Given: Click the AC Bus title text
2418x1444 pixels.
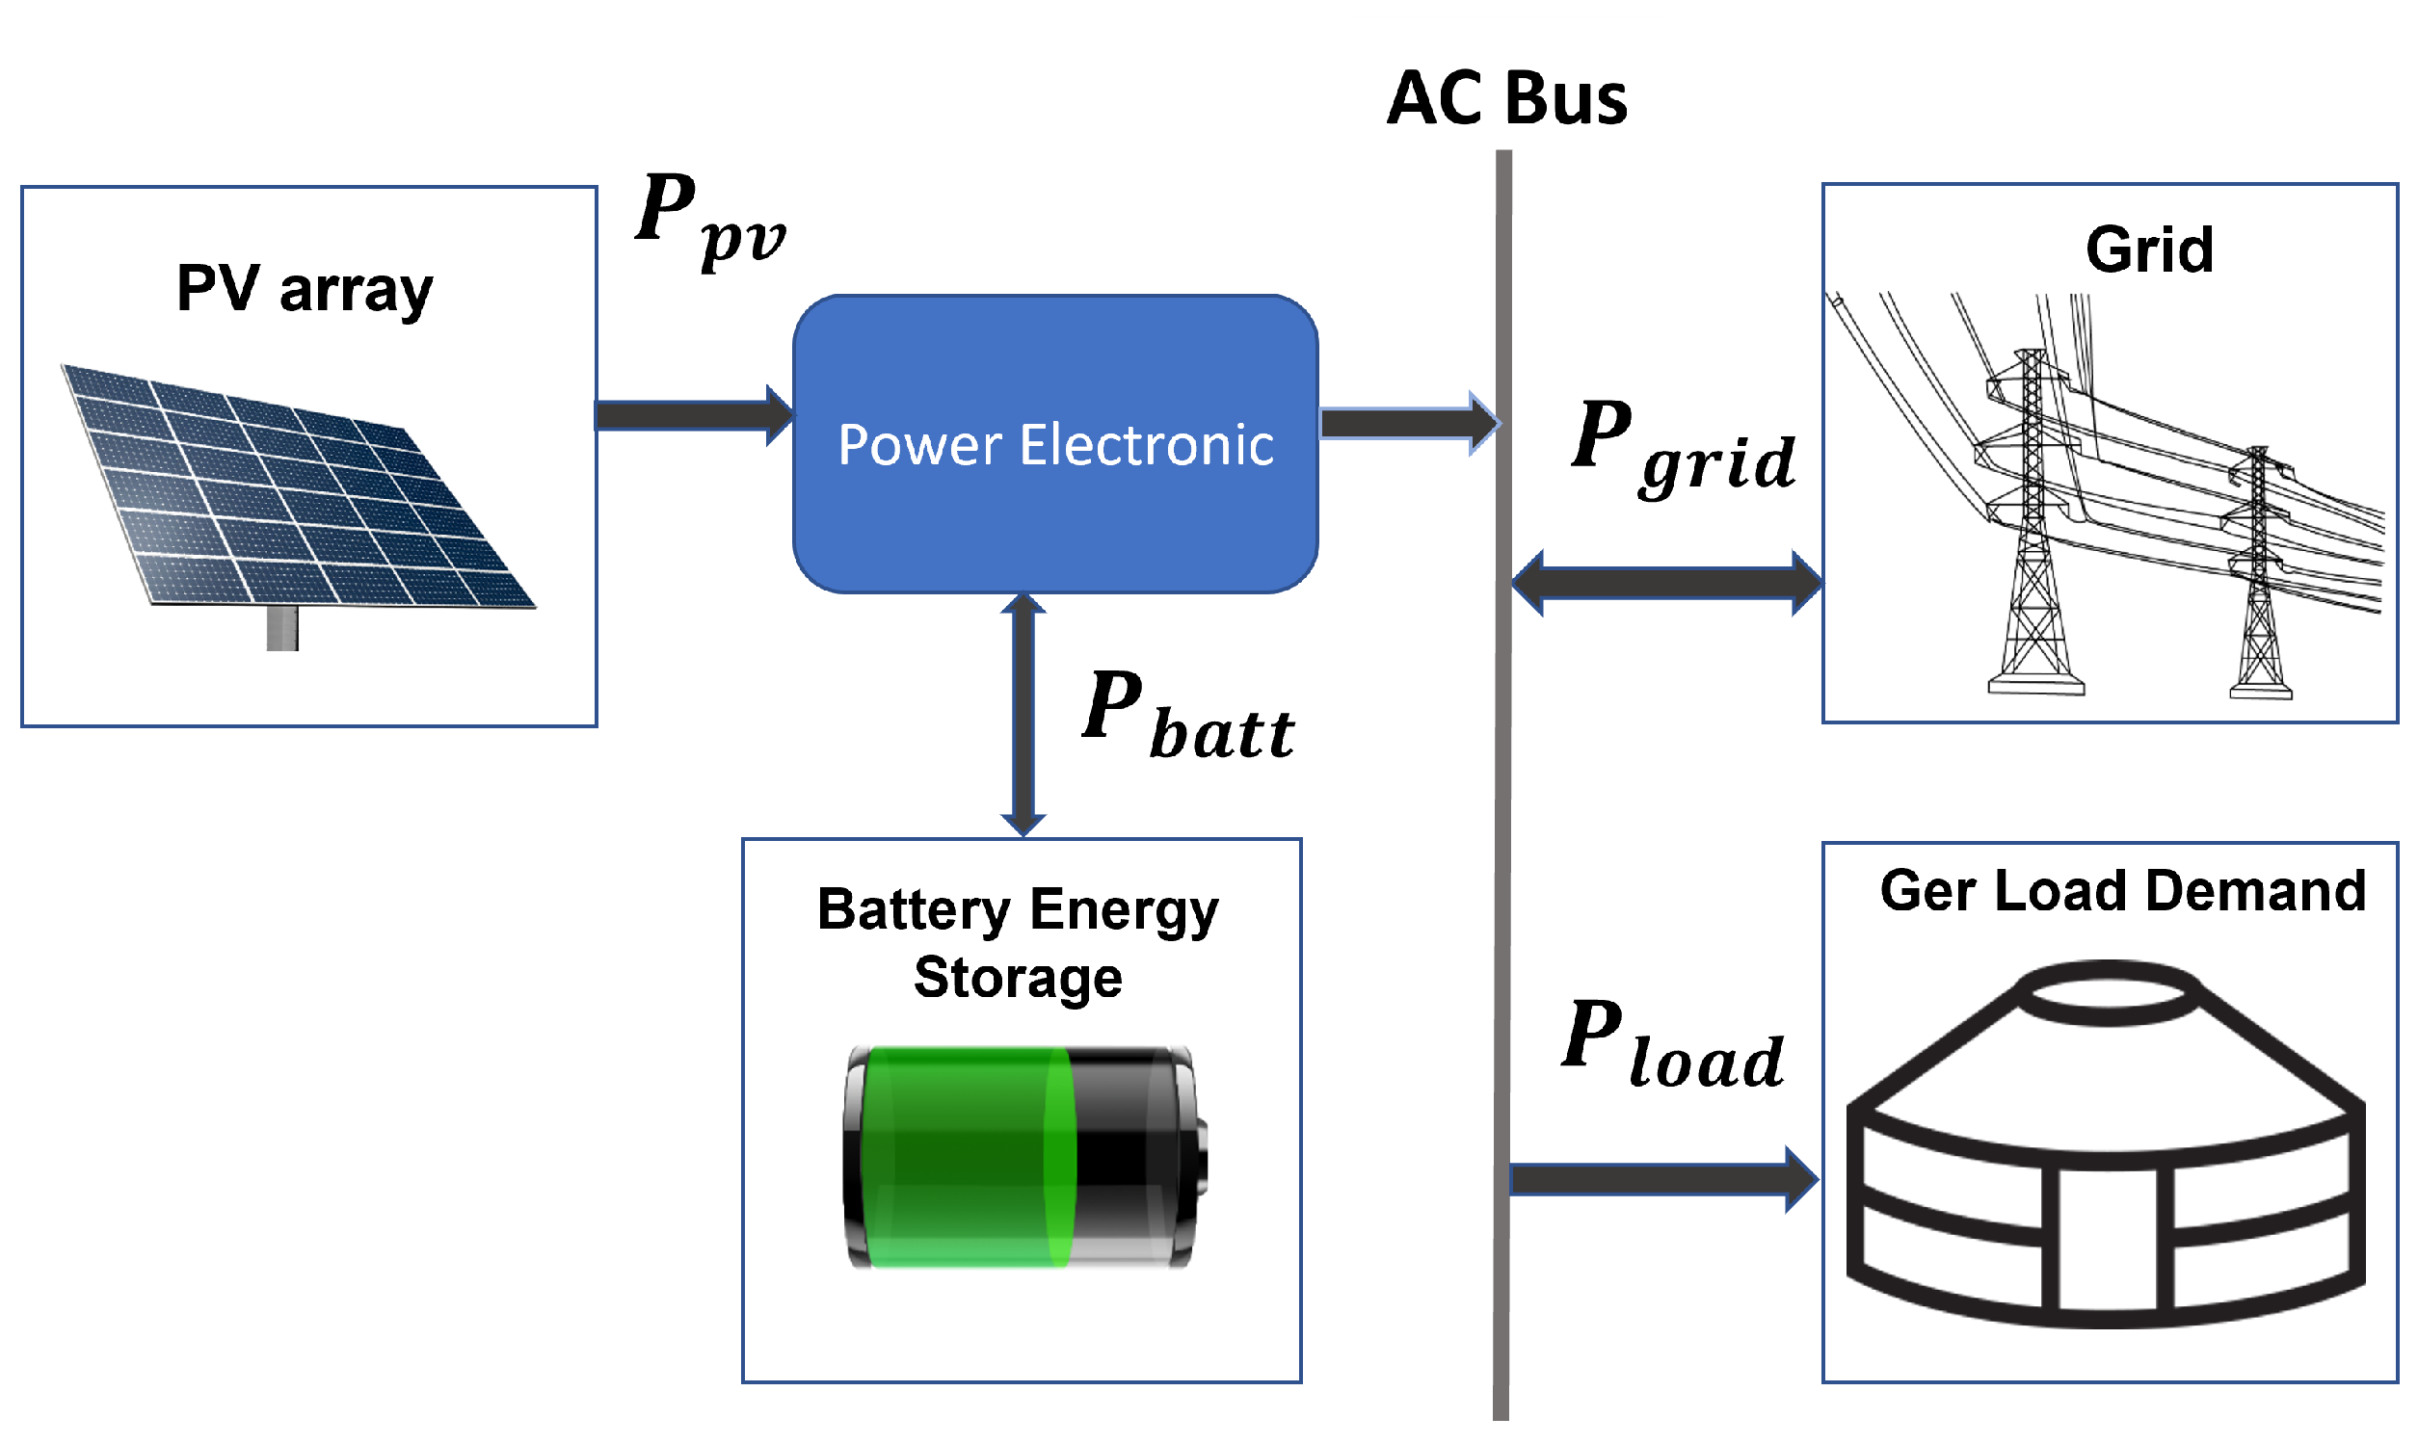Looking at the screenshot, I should click(1506, 99).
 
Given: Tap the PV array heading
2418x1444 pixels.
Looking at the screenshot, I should click(305, 289).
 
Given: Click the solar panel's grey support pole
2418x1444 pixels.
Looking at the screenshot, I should click(282, 629).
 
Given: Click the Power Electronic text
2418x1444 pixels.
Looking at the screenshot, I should click(1055, 446).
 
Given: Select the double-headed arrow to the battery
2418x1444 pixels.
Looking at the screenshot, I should click(1023, 715).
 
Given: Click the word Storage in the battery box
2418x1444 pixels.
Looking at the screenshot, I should click(1018, 978).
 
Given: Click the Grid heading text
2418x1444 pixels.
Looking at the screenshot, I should click(2148, 250).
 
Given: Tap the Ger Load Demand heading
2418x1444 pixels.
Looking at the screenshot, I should click(2122, 890).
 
